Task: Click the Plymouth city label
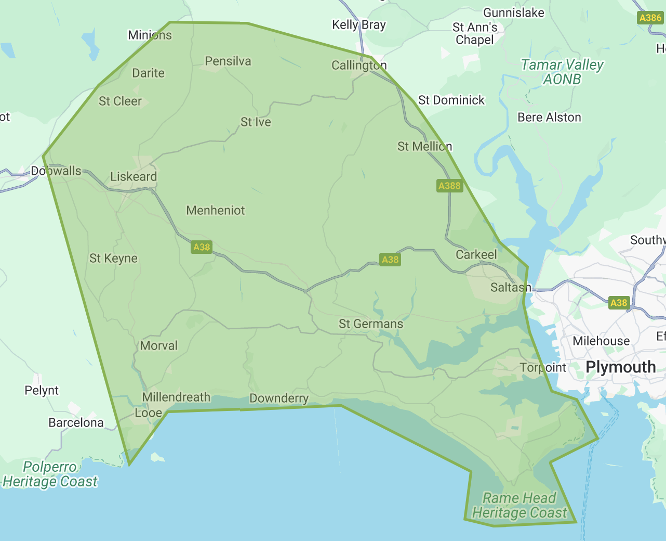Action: (620, 367)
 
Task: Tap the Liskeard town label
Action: (134, 176)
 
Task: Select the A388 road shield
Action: (449, 186)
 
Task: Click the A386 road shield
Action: (650, 18)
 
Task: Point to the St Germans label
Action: (371, 324)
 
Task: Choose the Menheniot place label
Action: (216, 210)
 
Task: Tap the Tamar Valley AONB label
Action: (562, 72)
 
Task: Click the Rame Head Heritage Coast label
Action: (520, 505)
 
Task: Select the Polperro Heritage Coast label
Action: (50, 474)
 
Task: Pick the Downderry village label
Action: (279, 398)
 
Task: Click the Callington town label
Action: (359, 65)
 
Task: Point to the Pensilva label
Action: (228, 61)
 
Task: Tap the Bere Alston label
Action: (549, 117)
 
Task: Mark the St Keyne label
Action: (113, 258)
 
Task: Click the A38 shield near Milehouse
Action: (618, 303)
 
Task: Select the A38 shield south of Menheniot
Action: (202, 247)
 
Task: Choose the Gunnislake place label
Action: (514, 12)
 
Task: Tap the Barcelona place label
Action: (76, 422)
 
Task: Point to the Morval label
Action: (158, 345)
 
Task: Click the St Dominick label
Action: (451, 100)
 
